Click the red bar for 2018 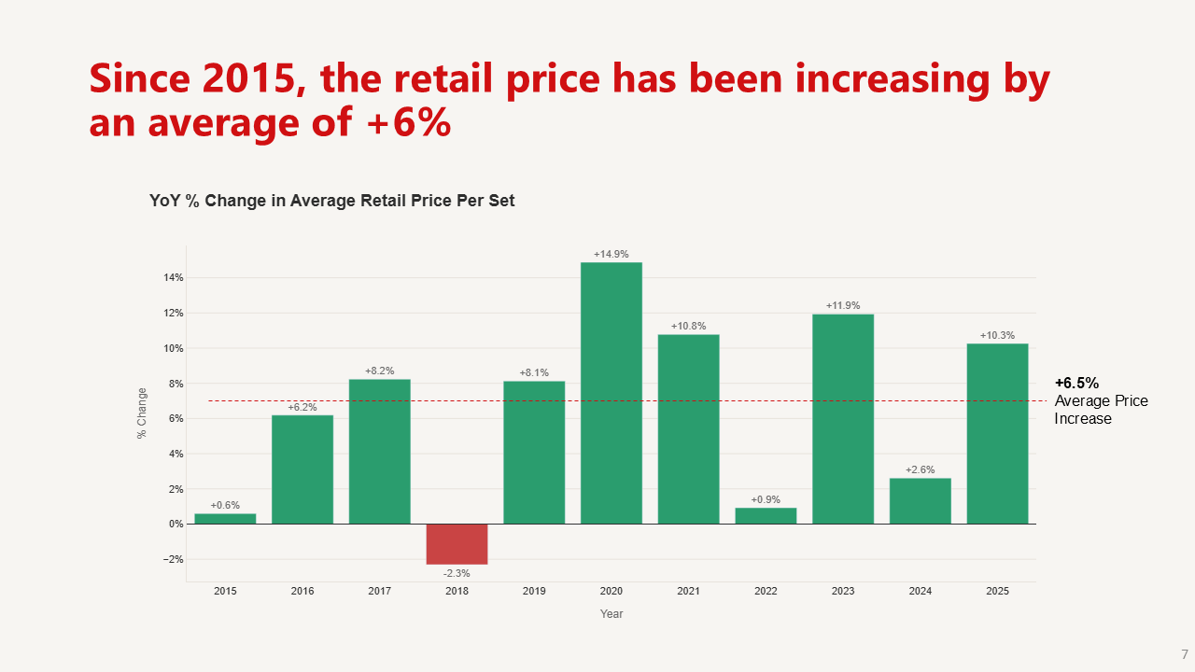[x=457, y=544]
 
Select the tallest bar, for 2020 [x=612, y=393]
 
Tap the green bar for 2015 [x=225, y=519]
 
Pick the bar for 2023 [x=843, y=419]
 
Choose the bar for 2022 [x=766, y=516]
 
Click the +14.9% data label [x=612, y=254]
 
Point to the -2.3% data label [x=457, y=573]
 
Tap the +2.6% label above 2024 [x=920, y=469]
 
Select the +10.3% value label [x=997, y=335]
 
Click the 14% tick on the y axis [x=173, y=277]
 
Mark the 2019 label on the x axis [x=534, y=591]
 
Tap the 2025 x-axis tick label [x=997, y=591]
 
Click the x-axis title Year [x=612, y=614]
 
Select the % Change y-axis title [x=142, y=413]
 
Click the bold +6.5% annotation [x=1076, y=383]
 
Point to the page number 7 [x=1185, y=654]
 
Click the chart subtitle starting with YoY [x=331, y=201]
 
